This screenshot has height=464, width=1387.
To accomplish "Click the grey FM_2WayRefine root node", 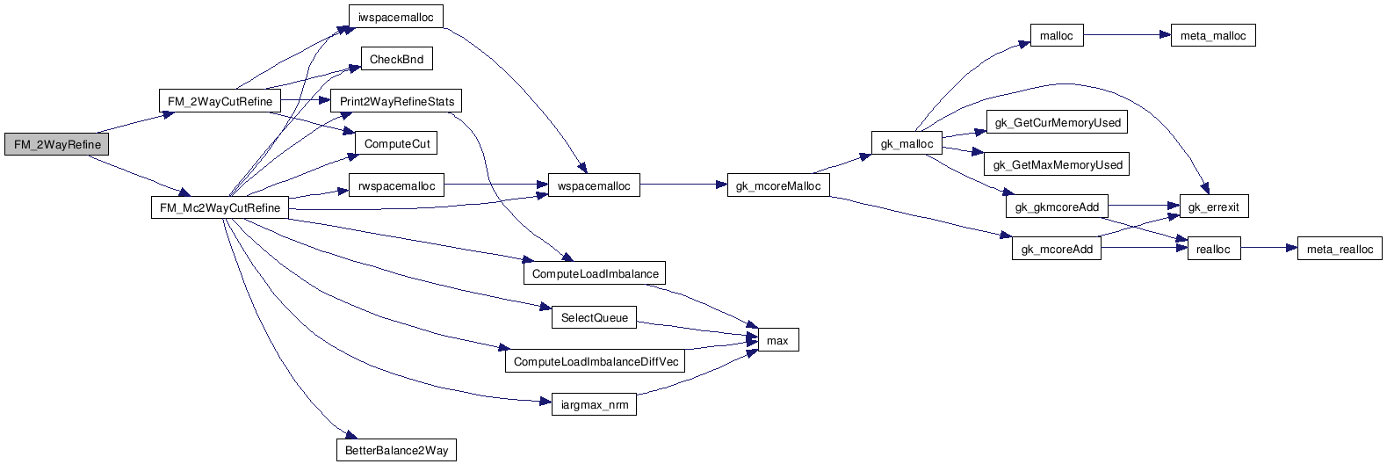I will pyautogui.click(x=57, y=145).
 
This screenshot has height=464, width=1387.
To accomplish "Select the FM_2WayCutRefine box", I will pyautogui.click(x=220, y=102).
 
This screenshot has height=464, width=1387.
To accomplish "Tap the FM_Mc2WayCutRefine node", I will pyautogui.click(x=220, y=208).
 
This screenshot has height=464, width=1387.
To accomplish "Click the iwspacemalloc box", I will pyautogui.click(x=395, y=17).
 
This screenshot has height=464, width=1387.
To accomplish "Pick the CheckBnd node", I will pyautogui.click(x=396, y=60).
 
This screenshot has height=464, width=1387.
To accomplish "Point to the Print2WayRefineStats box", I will pyautogui.click(x=396, y=102).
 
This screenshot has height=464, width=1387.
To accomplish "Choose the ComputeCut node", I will pyautogui.click(x=397, y=144).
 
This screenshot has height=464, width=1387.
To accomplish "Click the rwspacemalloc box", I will pyautogui.click(x=396, y=186).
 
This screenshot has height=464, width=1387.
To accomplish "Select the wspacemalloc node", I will pyautogui.click(x=594, y=186).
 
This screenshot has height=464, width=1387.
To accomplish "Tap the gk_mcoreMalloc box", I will pyautogui.click(x=778, y=186).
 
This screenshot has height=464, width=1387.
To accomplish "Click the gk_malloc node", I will pyautogui.click(x=907, y=144).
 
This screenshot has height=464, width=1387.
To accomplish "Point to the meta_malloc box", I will pyautogui.click(x=1212, y=36).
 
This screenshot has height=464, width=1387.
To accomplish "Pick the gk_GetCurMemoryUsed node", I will pyautogui.click(x=1058, y=123).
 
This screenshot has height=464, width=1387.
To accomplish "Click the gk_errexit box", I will pyautogui.click(x=1213, y=207).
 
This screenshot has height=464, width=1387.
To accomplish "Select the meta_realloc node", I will pyautogui.click(x=1340, y=250).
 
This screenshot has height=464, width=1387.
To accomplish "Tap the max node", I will pyautogui.click(x=777, y=341).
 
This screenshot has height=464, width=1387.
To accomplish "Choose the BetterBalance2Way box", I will pyautogui.click(x=396, y=451).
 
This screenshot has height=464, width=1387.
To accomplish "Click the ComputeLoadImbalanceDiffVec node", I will pyautogui.click(x=596, y=362).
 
